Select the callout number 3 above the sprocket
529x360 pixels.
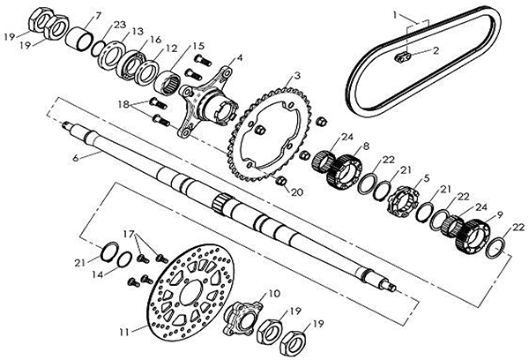click(x=297, y=77)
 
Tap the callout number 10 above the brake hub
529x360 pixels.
click(x=273, y=292)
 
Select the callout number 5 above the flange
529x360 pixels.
click(x=426, y=178)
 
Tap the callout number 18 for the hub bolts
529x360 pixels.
click(x=124, y=104)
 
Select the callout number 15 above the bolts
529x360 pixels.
click(x=198, y=45)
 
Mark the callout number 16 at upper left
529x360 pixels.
click(x=155, y=40)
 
